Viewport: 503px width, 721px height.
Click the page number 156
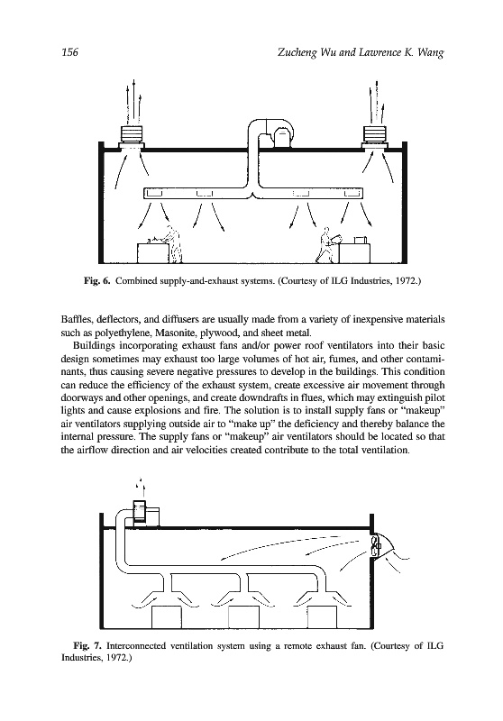[70, 52]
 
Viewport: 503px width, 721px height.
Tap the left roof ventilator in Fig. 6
[131, 137]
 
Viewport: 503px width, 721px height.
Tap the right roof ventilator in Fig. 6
[376, 137]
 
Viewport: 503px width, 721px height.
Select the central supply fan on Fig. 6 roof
[281, 137]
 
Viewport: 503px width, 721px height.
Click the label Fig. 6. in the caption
[97, 280]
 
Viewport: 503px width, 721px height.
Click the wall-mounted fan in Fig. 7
[378, 547]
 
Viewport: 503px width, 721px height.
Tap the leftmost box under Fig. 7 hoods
[167, 617]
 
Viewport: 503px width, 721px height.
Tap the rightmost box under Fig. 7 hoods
[324, 617]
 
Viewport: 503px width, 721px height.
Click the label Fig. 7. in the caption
[87, 645]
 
